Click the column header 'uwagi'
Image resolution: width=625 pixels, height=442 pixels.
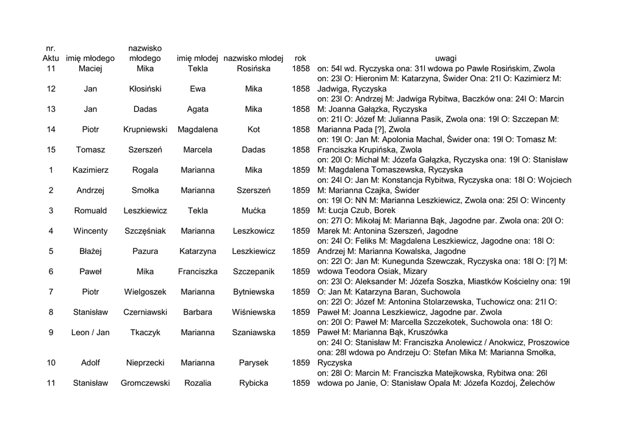446,58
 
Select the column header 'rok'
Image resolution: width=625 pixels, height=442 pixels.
300,58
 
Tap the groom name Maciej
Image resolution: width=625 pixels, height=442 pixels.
90,68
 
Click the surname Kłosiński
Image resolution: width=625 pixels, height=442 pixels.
145,89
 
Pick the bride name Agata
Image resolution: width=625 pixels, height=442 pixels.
198,109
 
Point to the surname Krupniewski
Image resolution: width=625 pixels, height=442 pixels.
145,129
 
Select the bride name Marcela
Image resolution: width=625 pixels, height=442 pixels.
198,150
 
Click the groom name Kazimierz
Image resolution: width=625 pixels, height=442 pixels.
90,170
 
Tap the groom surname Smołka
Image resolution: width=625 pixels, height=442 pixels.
145,190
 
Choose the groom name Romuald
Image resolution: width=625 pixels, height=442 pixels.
90,211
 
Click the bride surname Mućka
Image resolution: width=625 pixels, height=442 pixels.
253,211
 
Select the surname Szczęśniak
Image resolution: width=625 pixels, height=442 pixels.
145,231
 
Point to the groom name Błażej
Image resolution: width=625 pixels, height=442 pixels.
90,251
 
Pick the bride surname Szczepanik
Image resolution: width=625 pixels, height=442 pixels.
253,271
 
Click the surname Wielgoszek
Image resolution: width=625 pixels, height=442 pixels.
145,292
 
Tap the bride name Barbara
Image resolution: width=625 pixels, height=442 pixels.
198,312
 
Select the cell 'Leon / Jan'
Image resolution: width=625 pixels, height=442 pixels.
90,332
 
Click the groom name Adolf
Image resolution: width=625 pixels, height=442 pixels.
90,363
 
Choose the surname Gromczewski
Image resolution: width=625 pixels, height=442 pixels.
145,383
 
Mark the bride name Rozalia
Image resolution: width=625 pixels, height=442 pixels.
198,383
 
